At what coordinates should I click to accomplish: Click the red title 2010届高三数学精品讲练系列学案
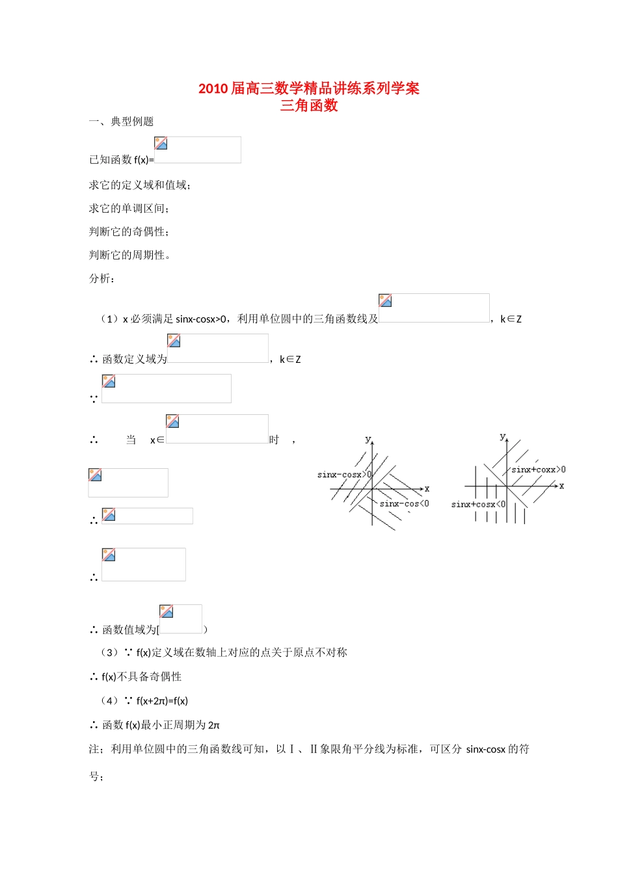(308, 88)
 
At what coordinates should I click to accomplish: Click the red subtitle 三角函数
(308, 105)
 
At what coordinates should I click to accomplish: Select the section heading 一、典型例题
(121, 122)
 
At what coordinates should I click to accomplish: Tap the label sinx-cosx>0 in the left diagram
(344, 475)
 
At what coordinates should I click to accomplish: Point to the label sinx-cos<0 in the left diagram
(404, 503)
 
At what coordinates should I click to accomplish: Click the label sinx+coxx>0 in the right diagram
(538, 470)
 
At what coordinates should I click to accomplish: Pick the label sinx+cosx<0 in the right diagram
(478, 504)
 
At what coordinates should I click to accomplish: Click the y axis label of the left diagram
(368, 440)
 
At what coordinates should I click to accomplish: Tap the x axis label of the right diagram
(561, 486)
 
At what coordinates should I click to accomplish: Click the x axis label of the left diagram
(427, 488)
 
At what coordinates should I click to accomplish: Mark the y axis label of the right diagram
(502, 436)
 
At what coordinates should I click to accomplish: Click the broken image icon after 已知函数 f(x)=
(161, 143)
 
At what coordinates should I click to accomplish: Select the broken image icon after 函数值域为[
(167, 611)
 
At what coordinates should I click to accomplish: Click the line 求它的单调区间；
(129, 209)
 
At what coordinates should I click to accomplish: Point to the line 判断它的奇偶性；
(129, 232)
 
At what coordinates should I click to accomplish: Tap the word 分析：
(102, 279)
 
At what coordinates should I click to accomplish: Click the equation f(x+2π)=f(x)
(162, 701)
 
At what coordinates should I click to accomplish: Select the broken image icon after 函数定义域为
(174, 341)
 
